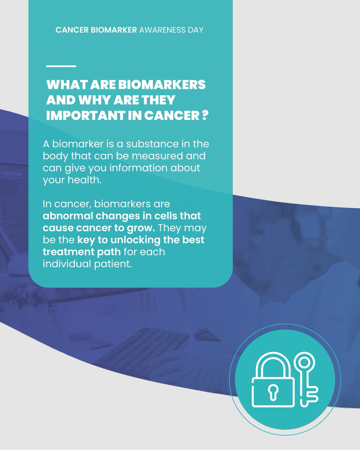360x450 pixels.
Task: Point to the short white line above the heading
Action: (x=61, y=66)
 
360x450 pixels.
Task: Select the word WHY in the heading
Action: (x=100, y=100)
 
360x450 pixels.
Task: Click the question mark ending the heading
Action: (x=204, y=116)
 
